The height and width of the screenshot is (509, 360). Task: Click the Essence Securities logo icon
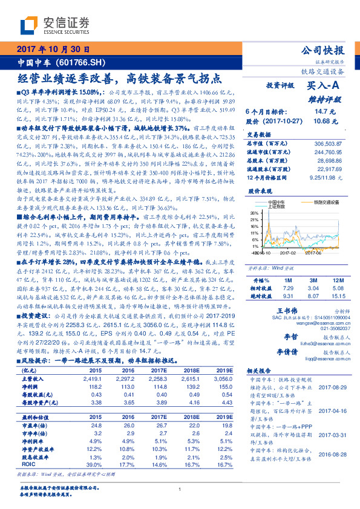point(30,25)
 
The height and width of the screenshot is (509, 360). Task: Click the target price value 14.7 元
point(320,112)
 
